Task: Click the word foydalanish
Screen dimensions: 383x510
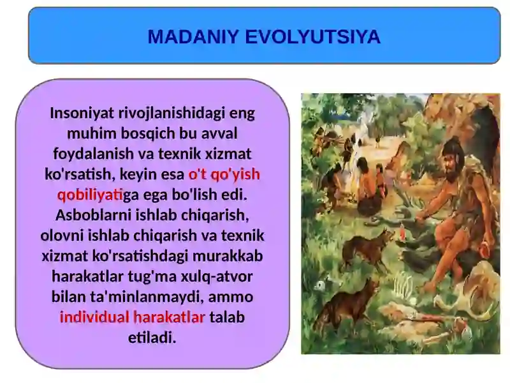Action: (x=91, y=154)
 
